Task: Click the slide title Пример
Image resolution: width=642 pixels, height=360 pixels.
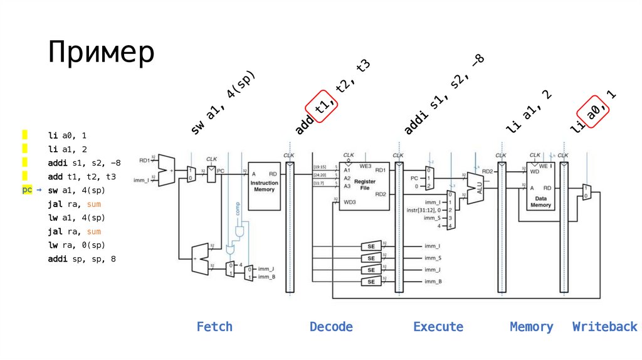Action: click(101, 53)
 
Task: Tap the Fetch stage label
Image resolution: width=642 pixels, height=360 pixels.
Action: click(214, 327)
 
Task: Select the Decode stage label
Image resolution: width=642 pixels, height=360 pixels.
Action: click(331, 327)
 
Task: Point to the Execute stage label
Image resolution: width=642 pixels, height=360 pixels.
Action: click(438, 327)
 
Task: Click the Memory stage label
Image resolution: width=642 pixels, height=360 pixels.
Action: click(532, 327)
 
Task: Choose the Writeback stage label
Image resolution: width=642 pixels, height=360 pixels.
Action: click(604, 327)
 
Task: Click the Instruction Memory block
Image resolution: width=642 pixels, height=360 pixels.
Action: click(264, 186)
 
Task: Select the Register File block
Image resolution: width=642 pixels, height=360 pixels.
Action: click(364, 186)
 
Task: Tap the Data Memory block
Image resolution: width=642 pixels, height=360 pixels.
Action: click(540, 186)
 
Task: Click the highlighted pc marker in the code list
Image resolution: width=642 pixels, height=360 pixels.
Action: click(27, 189)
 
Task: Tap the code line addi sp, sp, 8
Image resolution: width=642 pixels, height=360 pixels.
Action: click(82, 259)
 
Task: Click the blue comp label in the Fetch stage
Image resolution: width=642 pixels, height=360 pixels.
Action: click(238, 208)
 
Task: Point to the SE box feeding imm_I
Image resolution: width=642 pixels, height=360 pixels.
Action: click(371, 246)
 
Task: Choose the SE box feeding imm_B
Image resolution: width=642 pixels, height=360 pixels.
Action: click(371, 282)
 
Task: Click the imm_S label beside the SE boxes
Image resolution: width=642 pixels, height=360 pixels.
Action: click(432, 258)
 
